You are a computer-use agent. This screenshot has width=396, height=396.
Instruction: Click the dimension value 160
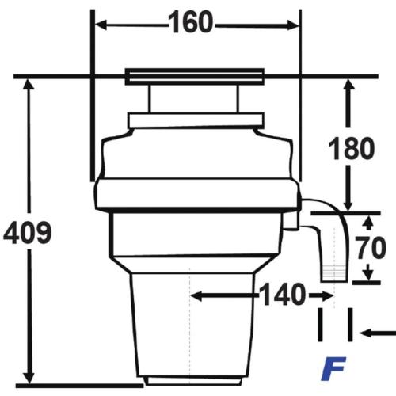coord(190,22)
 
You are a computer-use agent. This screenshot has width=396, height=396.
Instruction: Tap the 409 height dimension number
coord(28,233)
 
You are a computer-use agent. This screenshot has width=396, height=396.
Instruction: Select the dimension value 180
coord(352,148)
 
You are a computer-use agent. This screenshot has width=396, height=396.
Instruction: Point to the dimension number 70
coord(371,248)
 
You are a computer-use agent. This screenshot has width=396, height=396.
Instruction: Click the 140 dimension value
coord(283,295)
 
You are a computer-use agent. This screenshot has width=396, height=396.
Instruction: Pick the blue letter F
coord(333,369)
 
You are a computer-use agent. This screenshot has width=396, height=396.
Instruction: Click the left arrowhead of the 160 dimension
coord(101,25)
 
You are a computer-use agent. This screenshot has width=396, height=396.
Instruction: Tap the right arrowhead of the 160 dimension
coord(294,25)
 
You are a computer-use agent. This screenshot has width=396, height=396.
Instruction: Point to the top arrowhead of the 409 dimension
coord(29,85)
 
